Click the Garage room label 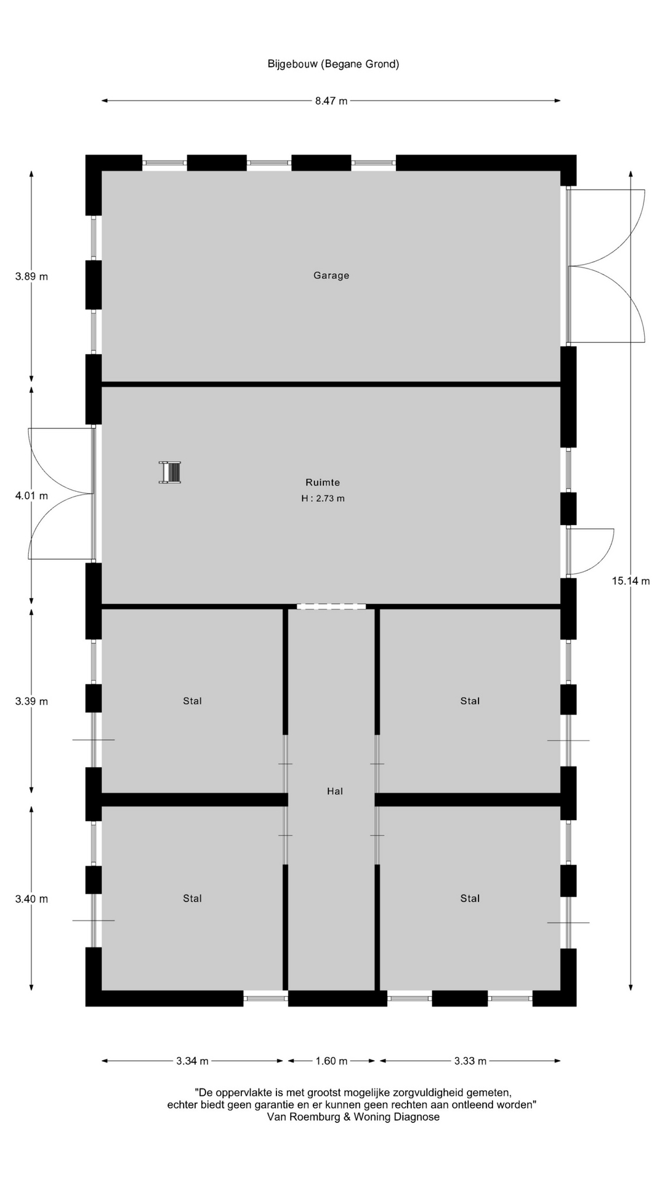[x=331, y=275]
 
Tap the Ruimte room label [x=323, y=483]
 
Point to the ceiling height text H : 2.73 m [x=323, y=499]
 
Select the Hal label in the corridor [x=335, y=791]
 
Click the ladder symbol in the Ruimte [x=170, y=472]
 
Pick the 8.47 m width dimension [x=331, y=101]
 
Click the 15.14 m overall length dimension [x=631, y=581]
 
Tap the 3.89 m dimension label [x=31, y=276]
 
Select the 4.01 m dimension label [x=31, y=496]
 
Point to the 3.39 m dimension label [x=31, y=701]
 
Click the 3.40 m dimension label [x=31, y=899]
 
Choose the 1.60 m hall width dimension [x=331, y=1061]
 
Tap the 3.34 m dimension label [x=192, y=1061]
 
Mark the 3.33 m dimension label [x=470, y=1061]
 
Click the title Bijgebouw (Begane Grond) [x=333, y=64]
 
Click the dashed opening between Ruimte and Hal [x=331, y=606]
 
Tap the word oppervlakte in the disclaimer [x=244, y=1093]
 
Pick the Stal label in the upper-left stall [x=192, y=701]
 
